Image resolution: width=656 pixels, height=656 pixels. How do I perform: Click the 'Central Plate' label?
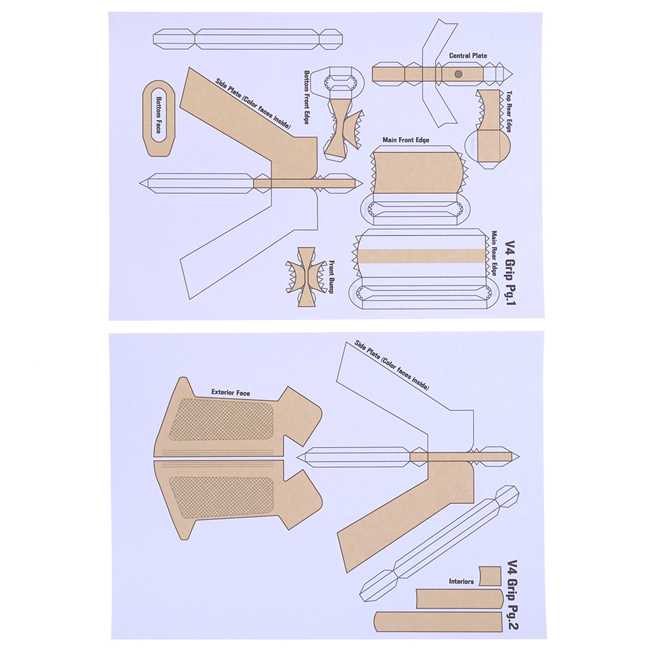[x=467, y=55]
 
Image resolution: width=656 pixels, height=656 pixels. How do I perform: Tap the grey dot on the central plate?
[x=458, y=75]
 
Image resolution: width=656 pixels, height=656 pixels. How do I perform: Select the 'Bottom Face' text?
[x=159, y=115]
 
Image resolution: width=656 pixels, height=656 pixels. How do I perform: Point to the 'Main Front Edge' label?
[x=406, y=139]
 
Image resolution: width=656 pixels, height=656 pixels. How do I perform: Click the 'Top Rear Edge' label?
[x=509, y=112]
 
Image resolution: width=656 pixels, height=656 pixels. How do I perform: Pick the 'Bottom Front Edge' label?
[x=306, y=97]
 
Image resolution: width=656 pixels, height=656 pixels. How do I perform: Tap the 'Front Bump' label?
[x=331, y=277]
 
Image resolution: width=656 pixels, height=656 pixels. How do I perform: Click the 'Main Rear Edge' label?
[x=494, y=253]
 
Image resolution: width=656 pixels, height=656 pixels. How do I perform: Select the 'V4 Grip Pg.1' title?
[x=511, y=272]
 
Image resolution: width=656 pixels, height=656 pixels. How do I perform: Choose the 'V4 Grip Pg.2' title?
[x=512, y=594]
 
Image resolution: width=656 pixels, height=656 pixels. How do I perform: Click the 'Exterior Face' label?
[x=230, y=392]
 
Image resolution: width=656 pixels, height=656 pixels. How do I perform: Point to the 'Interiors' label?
[x=461, y=581]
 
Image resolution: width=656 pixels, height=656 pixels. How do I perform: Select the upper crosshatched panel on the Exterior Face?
[x=221, y=419]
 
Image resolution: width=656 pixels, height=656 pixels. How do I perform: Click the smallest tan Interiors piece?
[x=490, y=576]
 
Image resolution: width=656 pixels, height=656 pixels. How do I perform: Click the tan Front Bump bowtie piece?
[x=306, y=276]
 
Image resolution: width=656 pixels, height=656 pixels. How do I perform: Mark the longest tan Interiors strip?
[x=438, y=622]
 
